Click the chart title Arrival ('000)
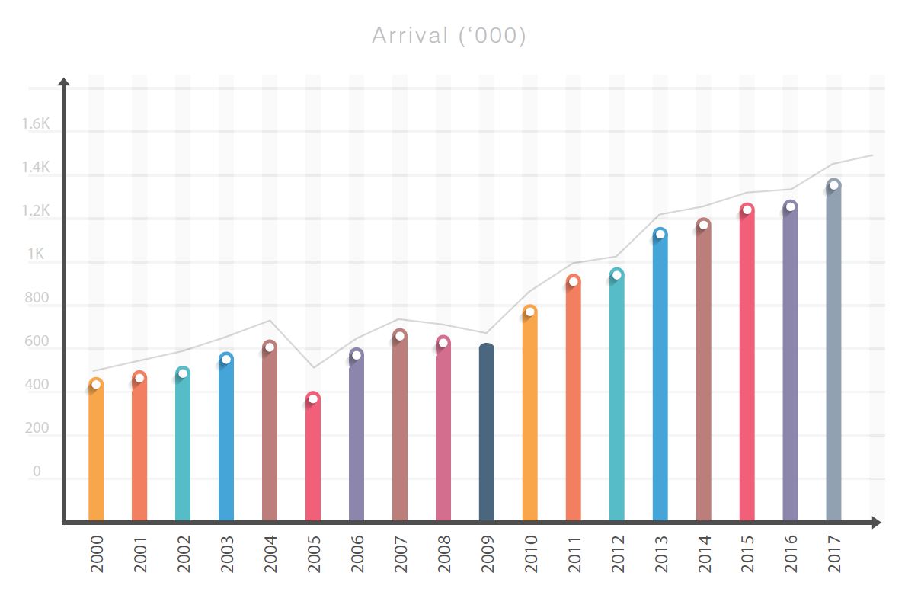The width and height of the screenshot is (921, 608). (x=449, y=36)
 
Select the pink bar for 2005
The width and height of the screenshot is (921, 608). (x=313, y=461)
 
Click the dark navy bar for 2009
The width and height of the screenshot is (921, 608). (x=487, y=434)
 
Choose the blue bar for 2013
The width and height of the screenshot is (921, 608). (x=660, y=381)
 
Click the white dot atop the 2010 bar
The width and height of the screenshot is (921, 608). (x=530, y=312)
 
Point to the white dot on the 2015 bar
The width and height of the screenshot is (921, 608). (x=747, y=210)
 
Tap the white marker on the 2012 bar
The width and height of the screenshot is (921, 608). (x=617, y=275)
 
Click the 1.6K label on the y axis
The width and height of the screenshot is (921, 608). (x=36, y=125)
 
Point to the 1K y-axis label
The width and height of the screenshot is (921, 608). (x=36, y=254)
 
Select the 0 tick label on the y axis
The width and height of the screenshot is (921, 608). (x=37, y=472)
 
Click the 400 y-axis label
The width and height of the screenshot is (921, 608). (x=36, y=386)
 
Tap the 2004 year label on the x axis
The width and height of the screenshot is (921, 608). (x=270, y=555)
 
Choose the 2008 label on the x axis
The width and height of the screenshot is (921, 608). (x=443, y=555)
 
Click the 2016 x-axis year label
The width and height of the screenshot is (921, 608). (x=791, y=555)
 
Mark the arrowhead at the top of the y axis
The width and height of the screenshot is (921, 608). (x=64, y=81)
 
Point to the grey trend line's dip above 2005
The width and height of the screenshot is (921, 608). (x=313, y=368)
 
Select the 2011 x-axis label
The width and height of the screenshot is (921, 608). (x=574, y=555)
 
